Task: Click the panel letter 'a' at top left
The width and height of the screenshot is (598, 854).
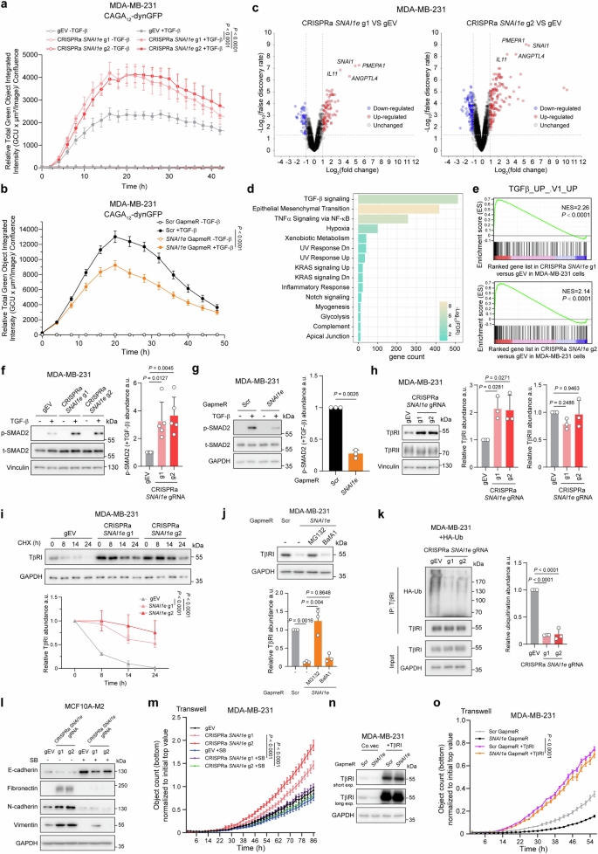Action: (x=6, y=6)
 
